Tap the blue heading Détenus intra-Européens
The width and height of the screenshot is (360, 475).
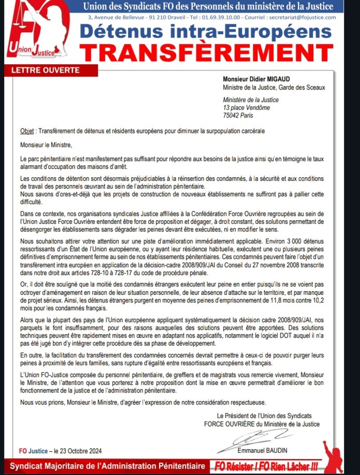[213, 31]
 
